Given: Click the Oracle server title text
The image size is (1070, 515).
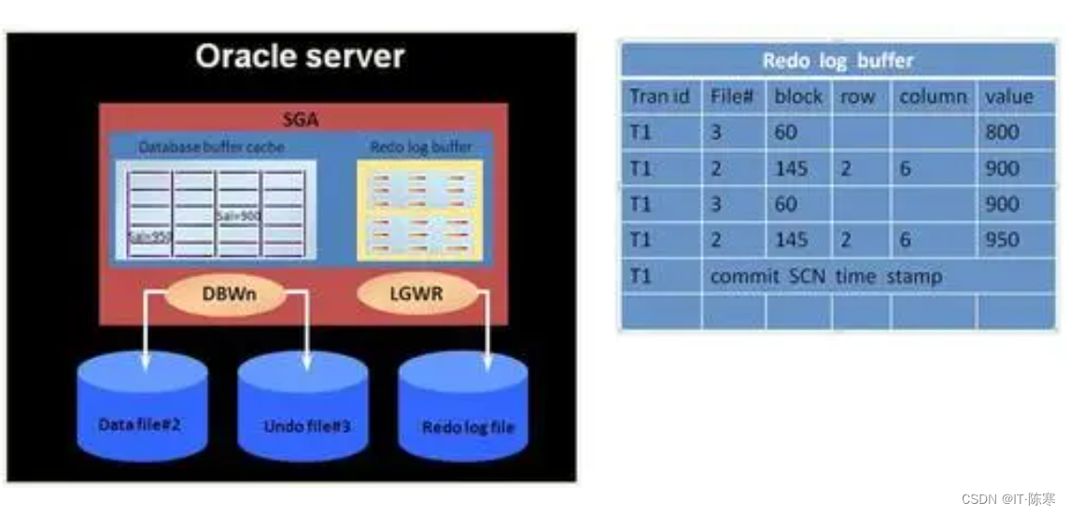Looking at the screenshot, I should point(300,57).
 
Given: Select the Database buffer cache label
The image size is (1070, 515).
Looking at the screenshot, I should point(212,147).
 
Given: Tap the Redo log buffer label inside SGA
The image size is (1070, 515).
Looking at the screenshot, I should point(420,147).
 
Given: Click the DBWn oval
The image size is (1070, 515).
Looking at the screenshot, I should point(224,294).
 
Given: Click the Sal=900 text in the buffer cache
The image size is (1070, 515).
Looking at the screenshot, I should point(239,216).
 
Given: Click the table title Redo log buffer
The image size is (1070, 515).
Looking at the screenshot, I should point(837,62).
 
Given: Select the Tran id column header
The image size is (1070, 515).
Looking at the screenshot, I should point(659,97).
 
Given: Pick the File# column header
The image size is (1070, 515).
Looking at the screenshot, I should point(732,97).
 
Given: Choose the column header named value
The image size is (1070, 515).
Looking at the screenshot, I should point(1009,97).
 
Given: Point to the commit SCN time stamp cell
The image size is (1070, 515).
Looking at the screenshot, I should point(825,276).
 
